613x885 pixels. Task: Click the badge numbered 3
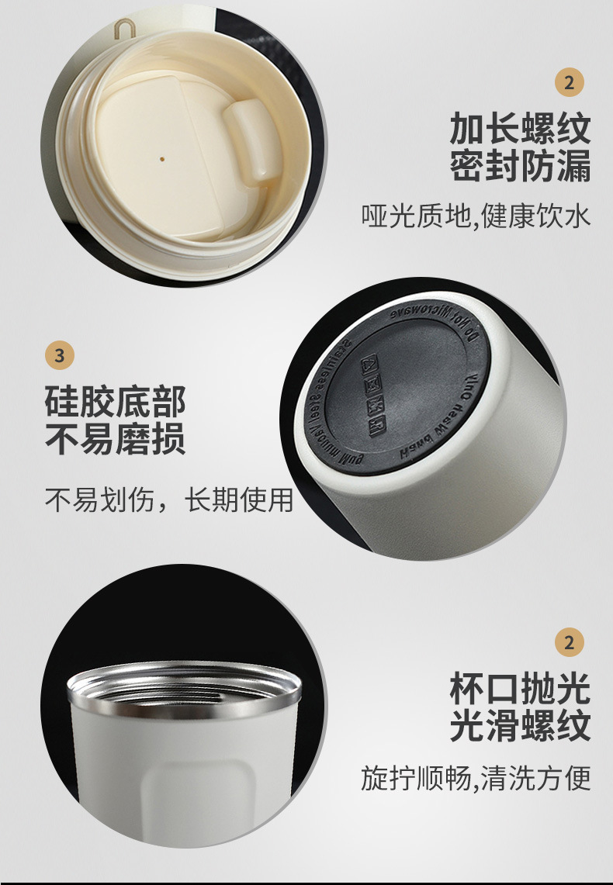click(61, 356)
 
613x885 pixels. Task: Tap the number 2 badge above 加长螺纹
click(570, 82)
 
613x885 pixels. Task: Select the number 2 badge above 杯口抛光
click(570, 642)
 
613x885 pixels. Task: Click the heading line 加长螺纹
click(520, 129)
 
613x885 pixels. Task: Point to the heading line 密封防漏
click(520, 166)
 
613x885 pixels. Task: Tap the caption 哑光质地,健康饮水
click(476, 216)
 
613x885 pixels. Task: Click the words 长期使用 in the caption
click(240, 500)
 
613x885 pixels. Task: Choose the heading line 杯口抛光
click(520, 689)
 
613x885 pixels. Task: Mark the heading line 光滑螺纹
click(520, 727)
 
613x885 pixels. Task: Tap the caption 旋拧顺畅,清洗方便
click(476, 776)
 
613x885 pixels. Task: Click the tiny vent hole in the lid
click(161, 156)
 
